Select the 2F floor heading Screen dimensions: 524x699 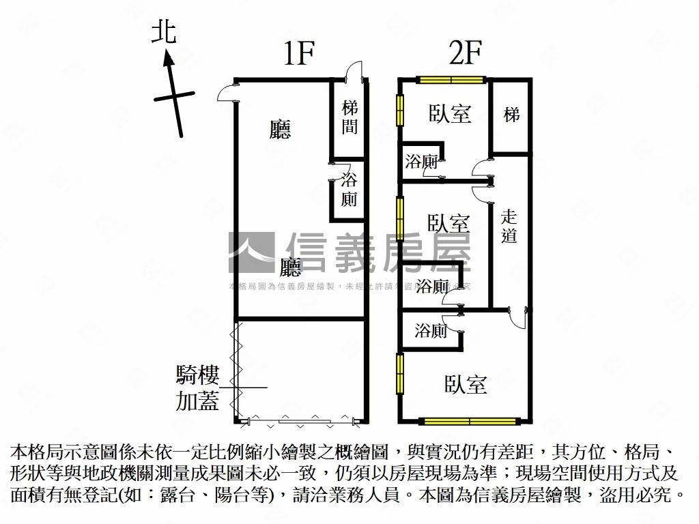466,54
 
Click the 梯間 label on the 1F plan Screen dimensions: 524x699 349,117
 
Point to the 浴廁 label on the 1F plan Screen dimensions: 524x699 349,190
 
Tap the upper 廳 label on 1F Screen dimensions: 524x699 280,130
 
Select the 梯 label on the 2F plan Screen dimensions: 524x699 511,115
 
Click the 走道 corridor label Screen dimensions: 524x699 509,227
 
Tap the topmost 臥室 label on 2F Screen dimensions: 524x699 451,113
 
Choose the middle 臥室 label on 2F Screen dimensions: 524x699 448,223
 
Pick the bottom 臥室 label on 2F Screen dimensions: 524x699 466,385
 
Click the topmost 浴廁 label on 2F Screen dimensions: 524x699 421,162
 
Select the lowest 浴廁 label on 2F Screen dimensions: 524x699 431,332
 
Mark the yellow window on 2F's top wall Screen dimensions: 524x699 451,80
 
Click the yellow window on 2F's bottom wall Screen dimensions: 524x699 469,421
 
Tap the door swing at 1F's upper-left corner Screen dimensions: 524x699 228,92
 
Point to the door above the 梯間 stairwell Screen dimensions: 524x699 352,72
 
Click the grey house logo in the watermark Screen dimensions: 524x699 251,252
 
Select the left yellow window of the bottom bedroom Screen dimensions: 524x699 400,373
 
